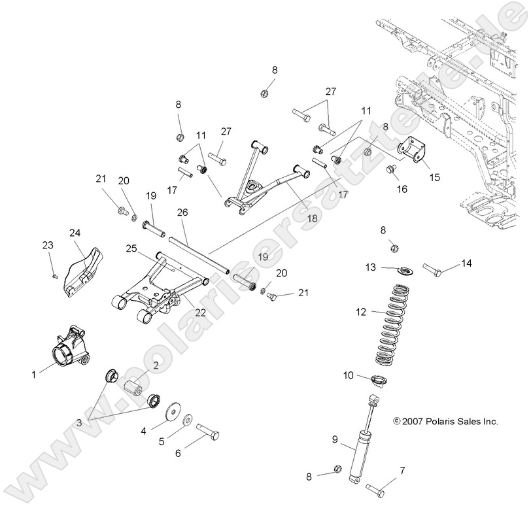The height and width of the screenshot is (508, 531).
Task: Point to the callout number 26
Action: click(x=182, y=212)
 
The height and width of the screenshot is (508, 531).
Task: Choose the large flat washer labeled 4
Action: click(x=174, y=409)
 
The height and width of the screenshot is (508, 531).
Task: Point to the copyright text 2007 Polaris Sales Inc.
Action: click(x=445, y=422)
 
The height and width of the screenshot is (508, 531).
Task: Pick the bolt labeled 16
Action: click(x=392, y=170)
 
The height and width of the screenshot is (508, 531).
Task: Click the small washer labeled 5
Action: click(x=187, y=418)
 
